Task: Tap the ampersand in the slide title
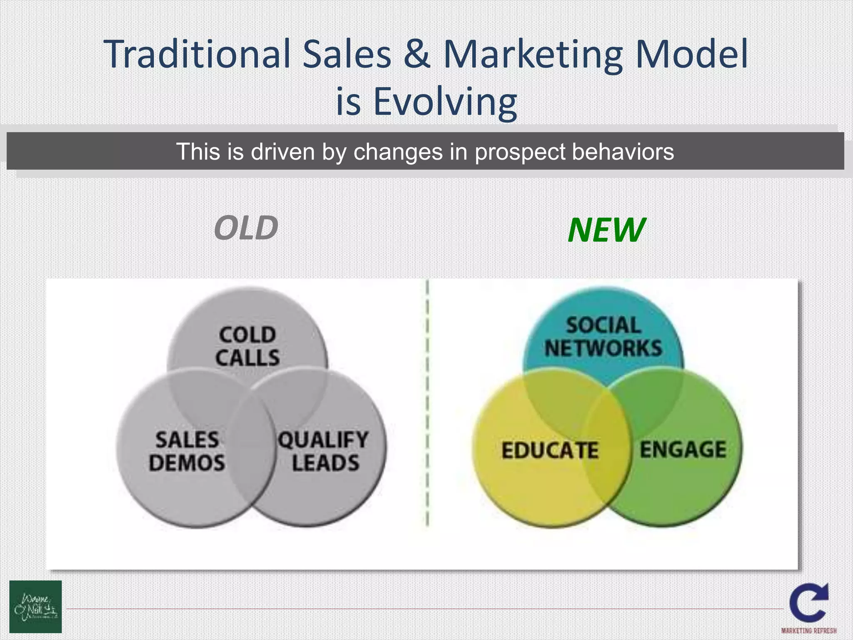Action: pos(417,54)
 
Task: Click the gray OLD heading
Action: pos(246,228)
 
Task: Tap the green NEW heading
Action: pos(606,230)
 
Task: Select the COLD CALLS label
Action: pos(247,346)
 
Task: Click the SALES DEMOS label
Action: pos(187,451)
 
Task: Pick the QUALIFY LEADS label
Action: pos(324,451)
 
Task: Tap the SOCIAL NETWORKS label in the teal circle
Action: pos(603,337)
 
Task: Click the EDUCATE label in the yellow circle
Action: pos(550,450)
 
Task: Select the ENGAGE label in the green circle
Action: pos(683,450)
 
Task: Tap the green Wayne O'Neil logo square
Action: pos(35,607)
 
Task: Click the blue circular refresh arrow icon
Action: pos(809,602)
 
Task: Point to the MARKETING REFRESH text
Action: pos(809,631)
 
